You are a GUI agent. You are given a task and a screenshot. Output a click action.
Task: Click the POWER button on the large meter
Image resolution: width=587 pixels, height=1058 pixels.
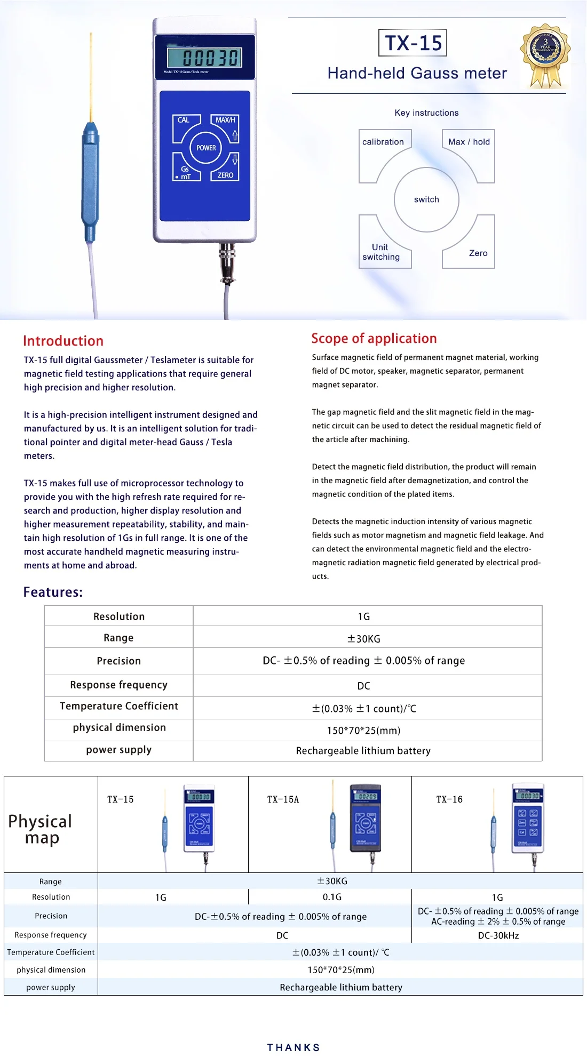[x=206, y=148]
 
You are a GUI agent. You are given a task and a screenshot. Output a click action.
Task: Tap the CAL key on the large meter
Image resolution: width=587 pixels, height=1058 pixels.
[x=184, y=121]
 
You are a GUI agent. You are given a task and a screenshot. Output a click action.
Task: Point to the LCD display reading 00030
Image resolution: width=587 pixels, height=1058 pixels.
[x=205, y=58]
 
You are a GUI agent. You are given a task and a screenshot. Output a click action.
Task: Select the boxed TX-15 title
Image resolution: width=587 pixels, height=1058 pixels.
[x=413, y=43]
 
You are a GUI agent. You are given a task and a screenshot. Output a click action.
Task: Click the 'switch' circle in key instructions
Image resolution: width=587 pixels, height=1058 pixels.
[x=426, y=199]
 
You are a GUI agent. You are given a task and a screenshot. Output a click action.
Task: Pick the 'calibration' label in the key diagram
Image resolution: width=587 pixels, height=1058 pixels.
[x=383, y=142]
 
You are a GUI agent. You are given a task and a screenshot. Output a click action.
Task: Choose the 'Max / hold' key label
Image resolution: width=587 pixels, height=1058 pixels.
[x=469, y=142]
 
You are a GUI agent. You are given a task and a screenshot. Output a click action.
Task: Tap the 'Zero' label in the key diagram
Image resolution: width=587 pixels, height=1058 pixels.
[x=478, y=253]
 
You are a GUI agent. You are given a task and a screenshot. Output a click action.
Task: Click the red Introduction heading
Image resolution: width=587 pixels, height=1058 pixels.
[x=63, y=341]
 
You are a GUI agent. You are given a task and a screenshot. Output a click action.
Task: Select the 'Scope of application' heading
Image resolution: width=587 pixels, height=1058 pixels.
[x=374, y=339]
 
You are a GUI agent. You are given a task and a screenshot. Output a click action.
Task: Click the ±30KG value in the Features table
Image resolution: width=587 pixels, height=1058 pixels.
[x=364, y=639]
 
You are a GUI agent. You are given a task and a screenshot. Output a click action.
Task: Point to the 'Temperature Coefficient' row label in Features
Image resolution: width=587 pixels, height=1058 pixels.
[x=118, y=706]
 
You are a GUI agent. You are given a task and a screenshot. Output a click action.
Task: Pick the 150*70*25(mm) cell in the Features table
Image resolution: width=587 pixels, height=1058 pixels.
[x=364, y=731]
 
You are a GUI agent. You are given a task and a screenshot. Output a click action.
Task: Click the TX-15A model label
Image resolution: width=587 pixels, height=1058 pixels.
[x=283, y=799]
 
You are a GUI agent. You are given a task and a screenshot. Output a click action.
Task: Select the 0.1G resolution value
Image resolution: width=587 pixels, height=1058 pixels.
[x=332, y=897]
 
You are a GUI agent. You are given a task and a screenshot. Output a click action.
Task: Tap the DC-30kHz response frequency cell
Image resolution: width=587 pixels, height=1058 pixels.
[x=498, y=935]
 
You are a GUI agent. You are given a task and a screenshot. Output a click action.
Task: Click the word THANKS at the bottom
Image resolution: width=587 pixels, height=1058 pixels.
[x=293, y=1047]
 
